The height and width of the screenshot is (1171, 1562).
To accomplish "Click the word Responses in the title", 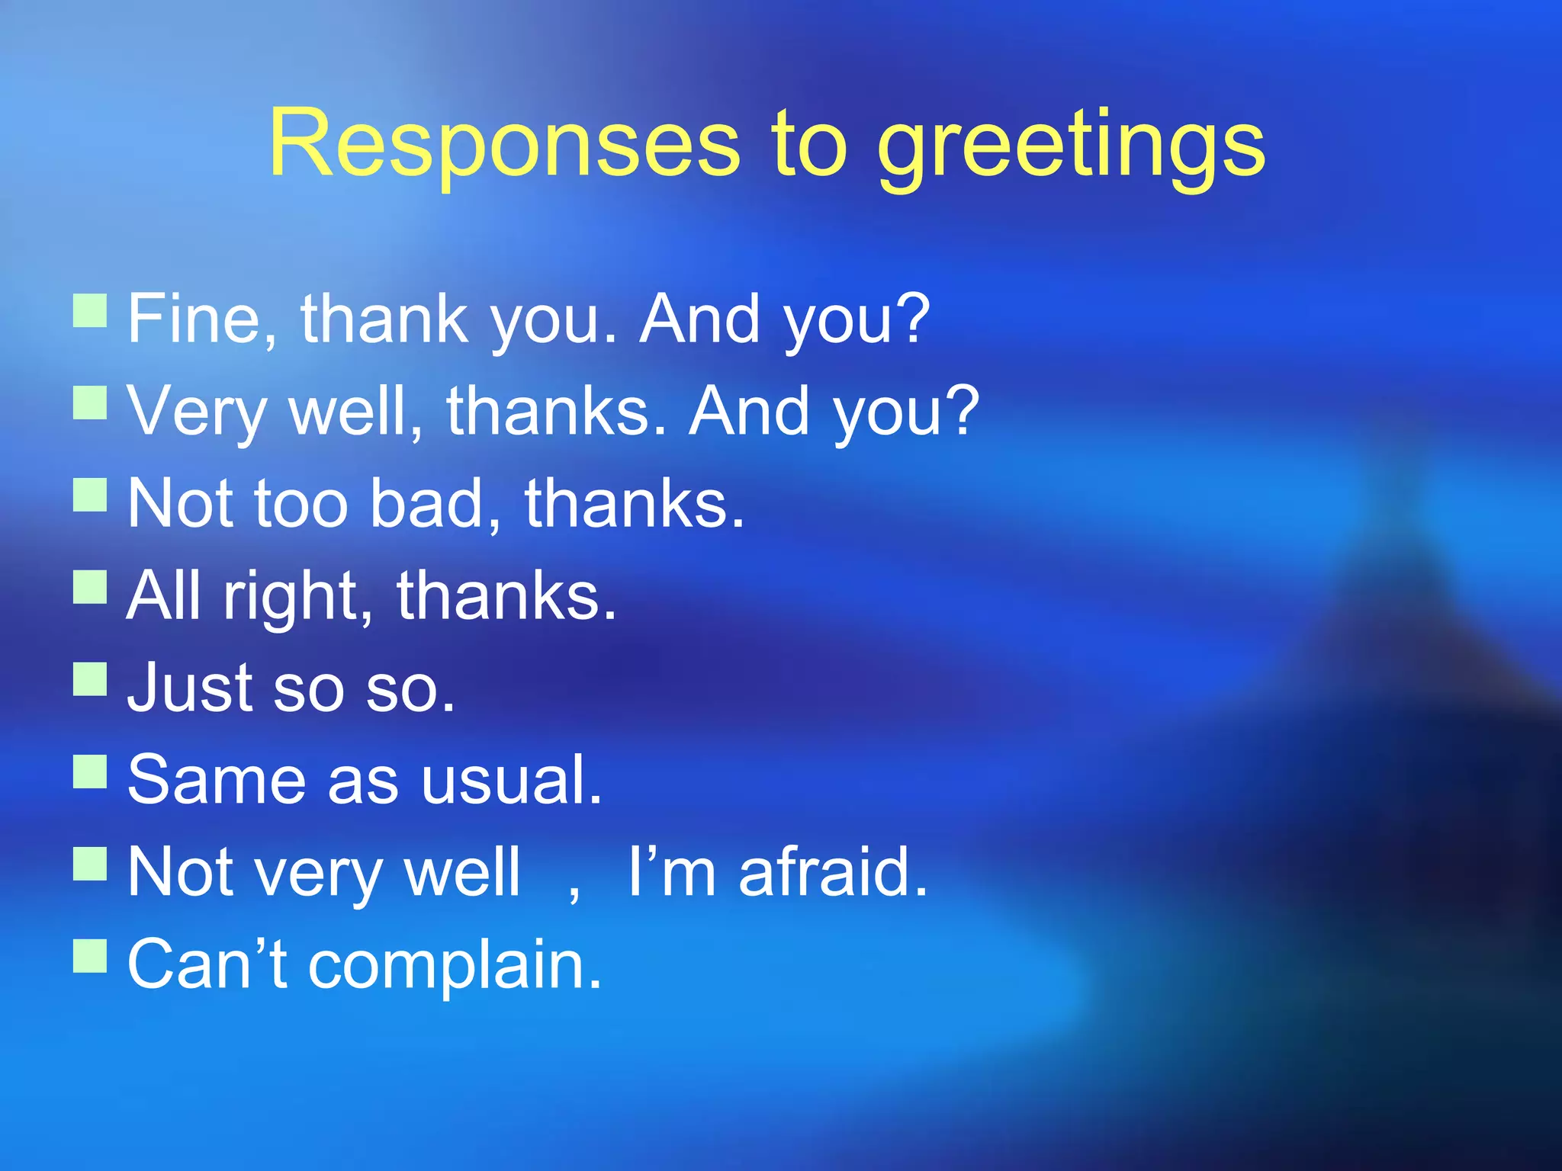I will (x=504, y=143).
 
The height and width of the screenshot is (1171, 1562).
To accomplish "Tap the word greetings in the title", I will (x=1071, y=145).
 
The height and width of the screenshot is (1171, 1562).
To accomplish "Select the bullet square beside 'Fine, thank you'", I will (x=90, y=311).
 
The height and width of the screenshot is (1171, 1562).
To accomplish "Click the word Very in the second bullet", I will (x=197, y=412).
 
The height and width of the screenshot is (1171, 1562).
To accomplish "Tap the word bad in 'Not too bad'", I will (x=426, y=503).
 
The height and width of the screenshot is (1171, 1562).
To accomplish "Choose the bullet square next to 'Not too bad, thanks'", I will (x=90, y=495).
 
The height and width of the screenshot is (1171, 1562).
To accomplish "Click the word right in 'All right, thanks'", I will (x=291, y=596).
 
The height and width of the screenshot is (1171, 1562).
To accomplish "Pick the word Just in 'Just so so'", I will (x=189, y=688).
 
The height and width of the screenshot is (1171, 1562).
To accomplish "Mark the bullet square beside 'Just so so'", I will (x=90, y=679).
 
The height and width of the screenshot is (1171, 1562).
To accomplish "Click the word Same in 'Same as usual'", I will (x=216, y=779).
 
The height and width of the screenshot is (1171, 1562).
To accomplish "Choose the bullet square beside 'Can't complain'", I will (x=90, y=956).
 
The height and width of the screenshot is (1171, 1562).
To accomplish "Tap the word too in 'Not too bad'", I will (x=301, y=503).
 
